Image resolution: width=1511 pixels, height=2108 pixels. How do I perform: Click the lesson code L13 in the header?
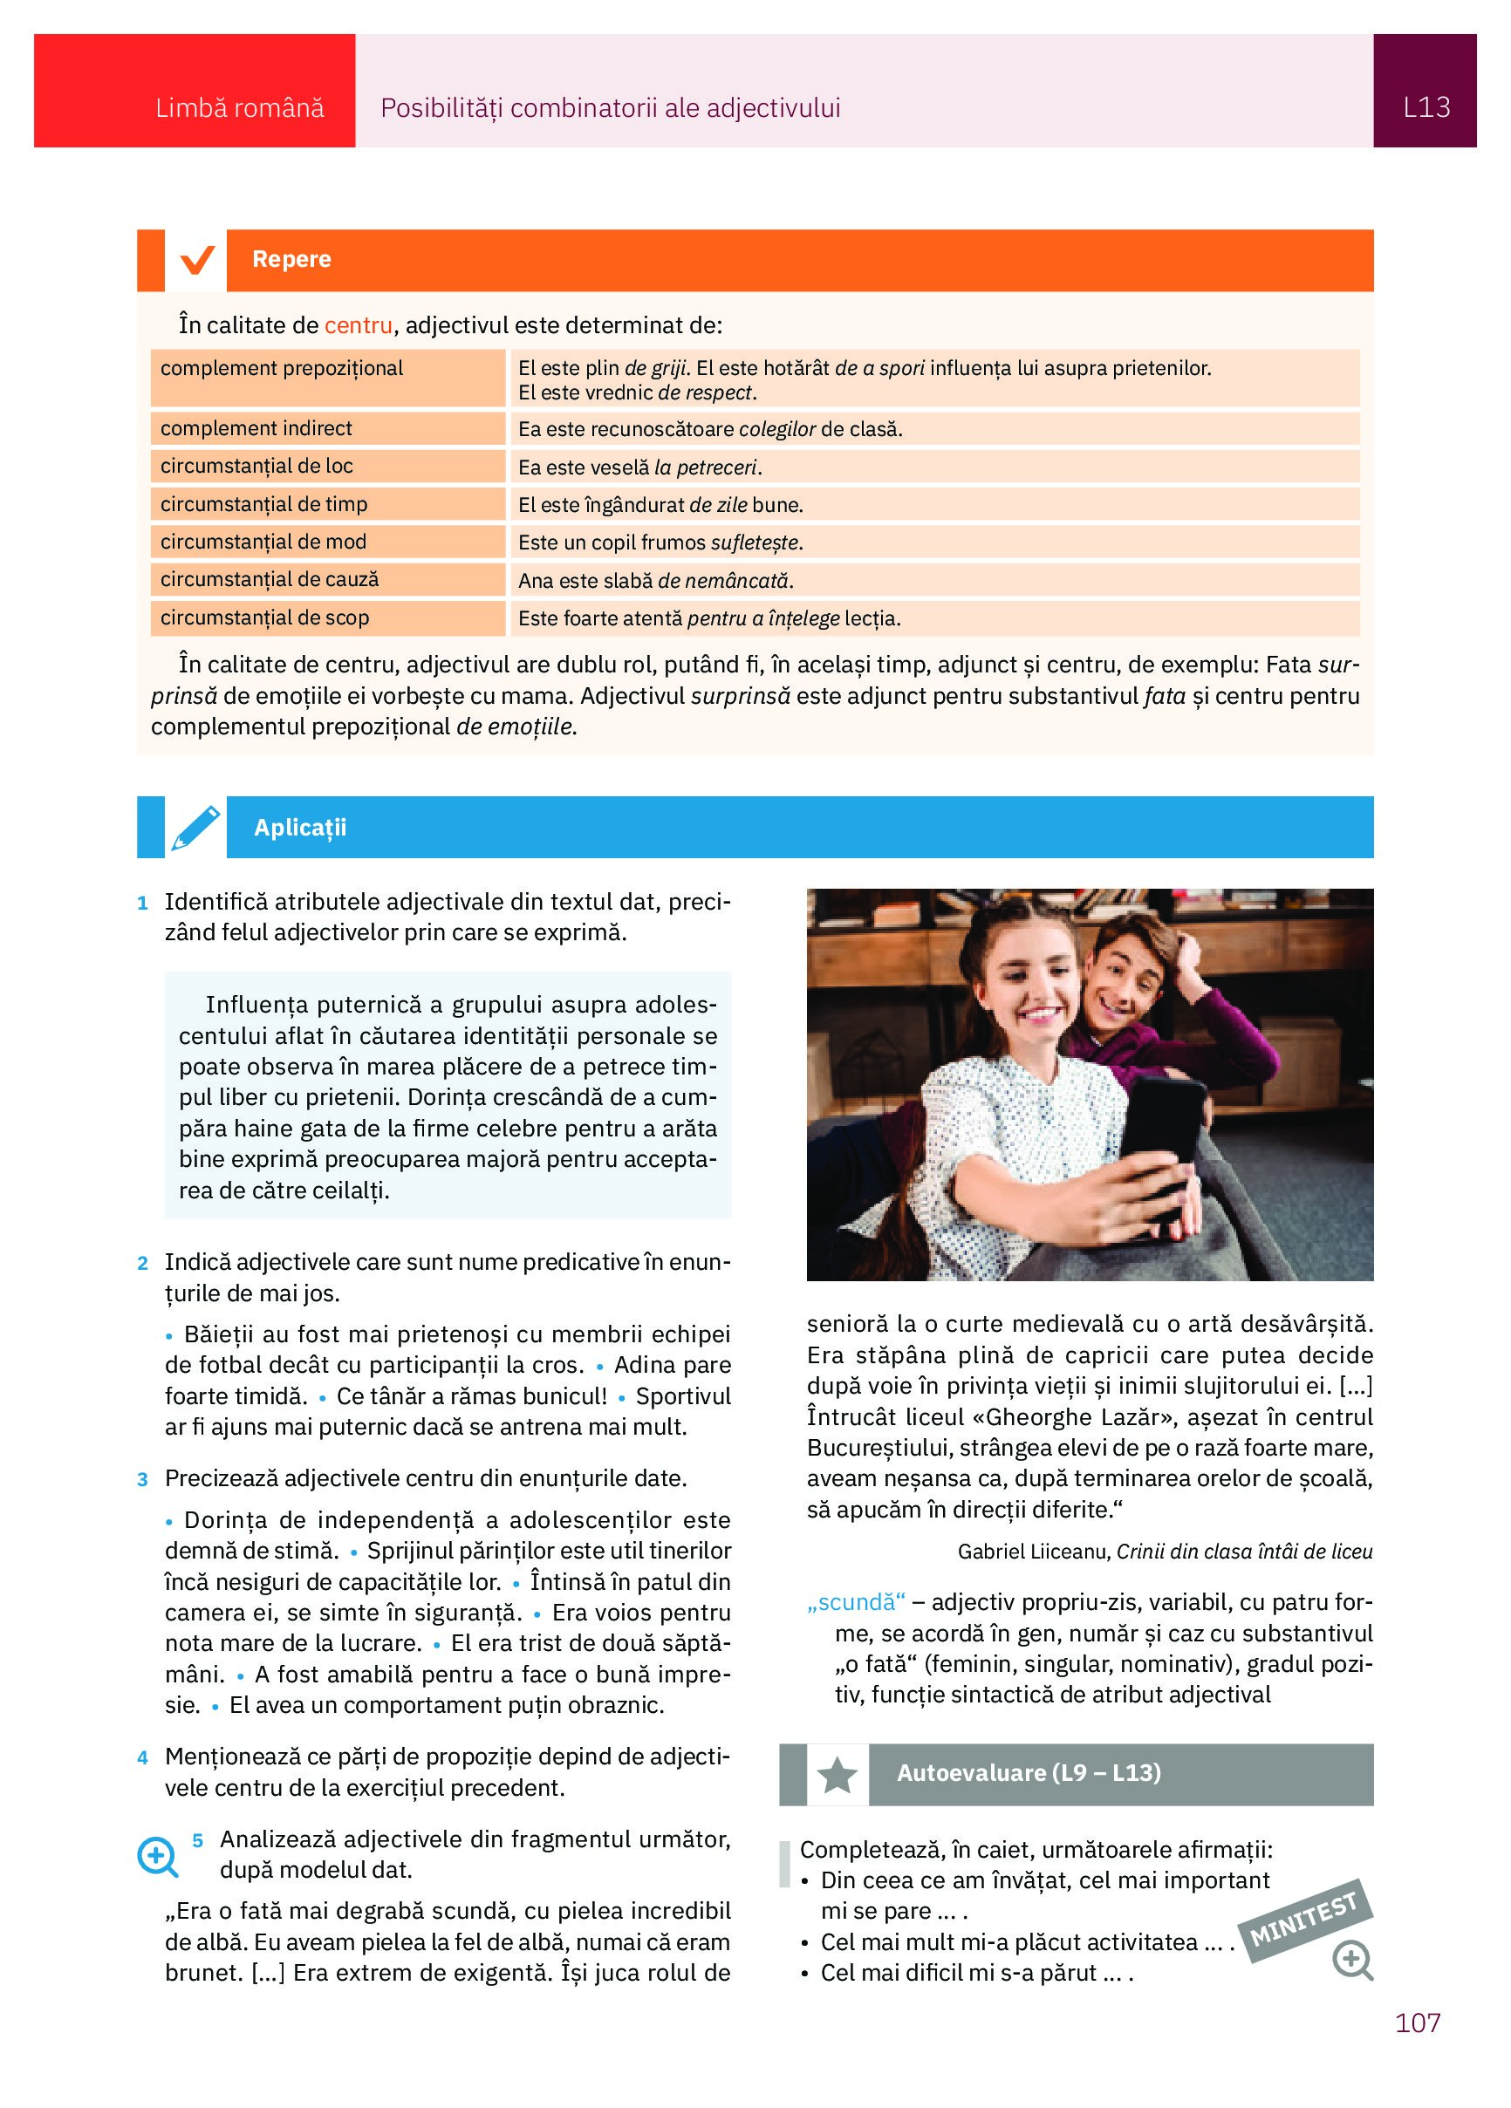click(1426, 108)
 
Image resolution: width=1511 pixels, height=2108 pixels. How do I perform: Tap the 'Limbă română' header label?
click(239, 109)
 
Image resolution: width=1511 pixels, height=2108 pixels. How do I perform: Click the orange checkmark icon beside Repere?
click(197, 259)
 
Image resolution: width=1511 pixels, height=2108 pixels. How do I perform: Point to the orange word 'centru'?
click(358, 325)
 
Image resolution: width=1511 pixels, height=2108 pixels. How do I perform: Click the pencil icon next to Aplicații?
click(195, 827)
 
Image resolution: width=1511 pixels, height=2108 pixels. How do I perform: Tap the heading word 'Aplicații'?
click(299, 827)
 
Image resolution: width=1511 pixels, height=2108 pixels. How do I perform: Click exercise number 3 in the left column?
click(142, 1480)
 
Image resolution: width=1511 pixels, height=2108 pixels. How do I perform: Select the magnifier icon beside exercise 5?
click(158, 1856)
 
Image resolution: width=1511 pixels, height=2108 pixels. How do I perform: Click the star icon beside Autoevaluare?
click(837, 1775)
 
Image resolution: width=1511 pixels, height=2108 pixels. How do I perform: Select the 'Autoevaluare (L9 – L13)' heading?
click(1029, 1773)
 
